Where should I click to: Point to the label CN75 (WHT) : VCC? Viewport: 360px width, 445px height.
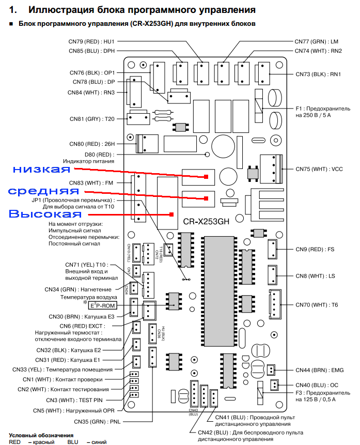(x=319, y=169)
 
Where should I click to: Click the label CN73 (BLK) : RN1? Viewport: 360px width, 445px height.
(x=319, y=74)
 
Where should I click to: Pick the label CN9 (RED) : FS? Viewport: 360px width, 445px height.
(x=316, y=249)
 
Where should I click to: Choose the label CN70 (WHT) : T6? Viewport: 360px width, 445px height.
(x=317, y=304)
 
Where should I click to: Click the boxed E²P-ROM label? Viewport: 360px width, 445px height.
(x=103, y=305)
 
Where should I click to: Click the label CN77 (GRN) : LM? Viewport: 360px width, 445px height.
(x=316, y=41)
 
